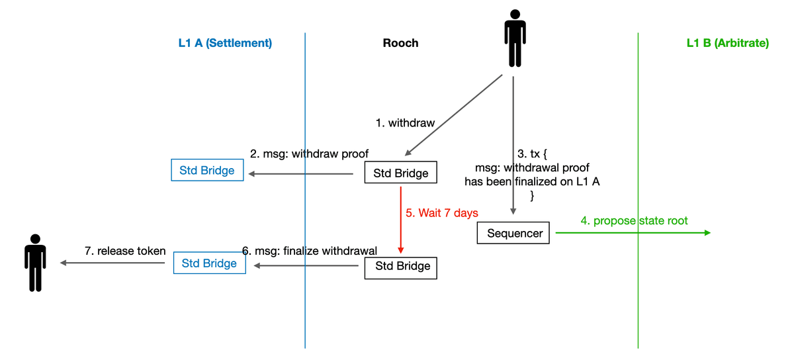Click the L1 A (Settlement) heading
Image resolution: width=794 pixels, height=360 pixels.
225,44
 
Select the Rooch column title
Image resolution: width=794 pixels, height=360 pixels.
400,44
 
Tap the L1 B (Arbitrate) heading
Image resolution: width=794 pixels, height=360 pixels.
727,44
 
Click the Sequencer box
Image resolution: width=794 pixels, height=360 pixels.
513,233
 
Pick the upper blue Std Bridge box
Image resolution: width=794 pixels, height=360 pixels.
207,171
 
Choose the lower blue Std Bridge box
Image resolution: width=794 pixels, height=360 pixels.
209,263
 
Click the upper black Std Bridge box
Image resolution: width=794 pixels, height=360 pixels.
401,174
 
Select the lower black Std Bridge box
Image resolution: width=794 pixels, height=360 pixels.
401,266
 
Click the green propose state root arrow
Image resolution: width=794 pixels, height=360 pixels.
632,232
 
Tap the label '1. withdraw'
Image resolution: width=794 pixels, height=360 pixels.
405,123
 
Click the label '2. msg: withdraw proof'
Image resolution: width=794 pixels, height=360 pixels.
309,154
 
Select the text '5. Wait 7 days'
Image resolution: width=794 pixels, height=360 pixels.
441,213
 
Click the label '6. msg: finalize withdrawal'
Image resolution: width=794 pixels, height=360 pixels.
310,251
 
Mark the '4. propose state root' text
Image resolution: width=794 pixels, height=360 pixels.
634,220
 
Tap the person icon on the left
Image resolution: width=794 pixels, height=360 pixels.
34,263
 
